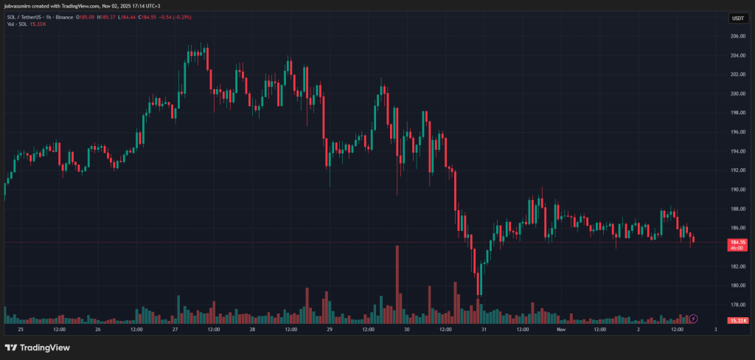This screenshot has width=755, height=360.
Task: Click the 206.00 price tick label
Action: (x=737, y=36)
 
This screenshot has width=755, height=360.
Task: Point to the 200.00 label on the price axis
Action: (x=737, y=94)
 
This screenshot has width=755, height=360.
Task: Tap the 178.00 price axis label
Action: (x=737, y=305)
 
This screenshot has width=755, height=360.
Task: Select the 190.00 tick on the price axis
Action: (x=737, y=190)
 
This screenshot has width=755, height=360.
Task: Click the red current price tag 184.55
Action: (x=738, y=241)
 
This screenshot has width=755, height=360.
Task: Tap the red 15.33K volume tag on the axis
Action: (x=738, y=321)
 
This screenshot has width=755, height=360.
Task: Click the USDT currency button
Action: (x=737, y=18)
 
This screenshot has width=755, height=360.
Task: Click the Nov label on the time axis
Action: (x=561, y=330)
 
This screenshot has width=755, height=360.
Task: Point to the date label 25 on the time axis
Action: (x=20, y=330)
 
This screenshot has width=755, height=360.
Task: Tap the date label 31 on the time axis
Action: (x=484, y=330)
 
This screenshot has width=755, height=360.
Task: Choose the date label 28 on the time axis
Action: (x=252, y=330)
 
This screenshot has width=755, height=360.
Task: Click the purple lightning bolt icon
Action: (x=694, y=318)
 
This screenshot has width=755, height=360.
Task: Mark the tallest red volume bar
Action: (x=397, y=284)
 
